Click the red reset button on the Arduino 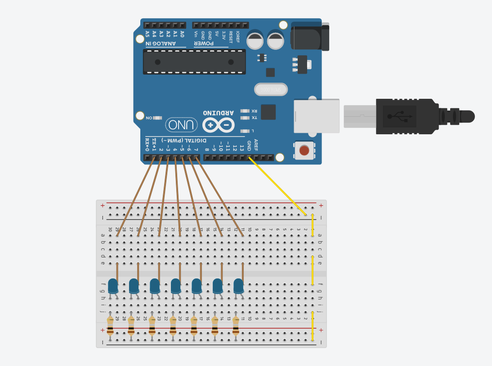click(304, 150)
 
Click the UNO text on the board click(181, 124)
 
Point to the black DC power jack click(310, 36)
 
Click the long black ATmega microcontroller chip click(194, 62)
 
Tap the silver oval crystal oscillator click(271, 89)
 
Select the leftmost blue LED click(113, 286)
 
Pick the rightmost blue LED click(238, 286)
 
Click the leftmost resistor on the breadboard click(110, 326)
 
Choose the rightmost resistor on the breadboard click(236, 326)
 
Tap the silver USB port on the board click(316, 116)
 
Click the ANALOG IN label click(161, 44)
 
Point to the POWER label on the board click(204, 44)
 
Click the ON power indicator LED click(157, 118)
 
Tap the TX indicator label click(254, 118)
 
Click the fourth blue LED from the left click(176, 286)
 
